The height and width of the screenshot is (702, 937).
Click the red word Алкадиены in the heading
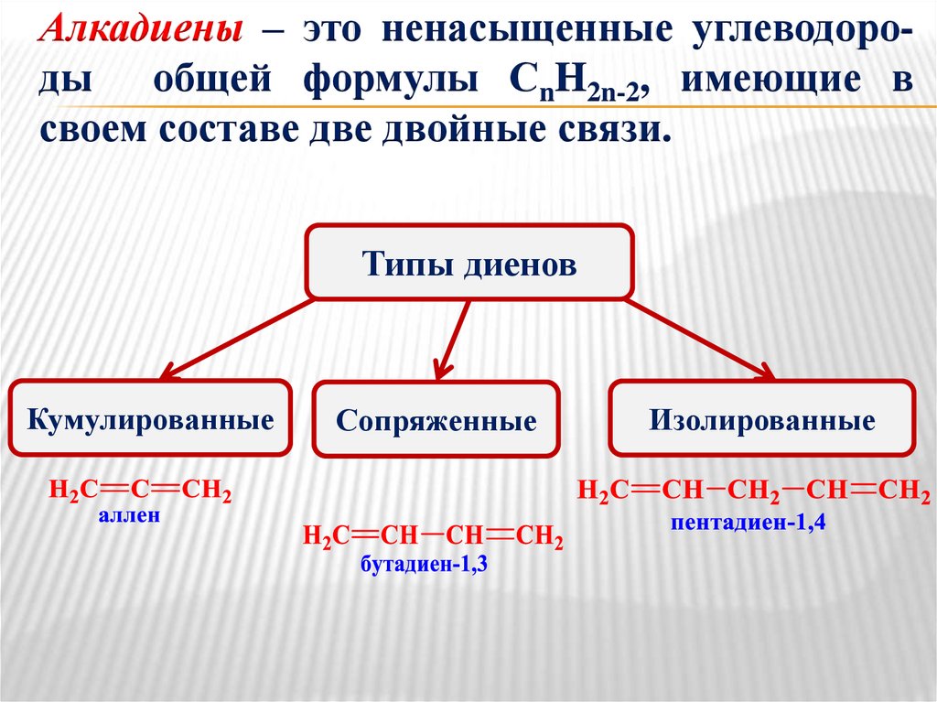(142, 32)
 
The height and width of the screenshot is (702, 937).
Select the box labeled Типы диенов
(469, 264)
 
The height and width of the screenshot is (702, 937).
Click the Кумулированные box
(151, 420)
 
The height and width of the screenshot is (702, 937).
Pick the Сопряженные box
(436, 421)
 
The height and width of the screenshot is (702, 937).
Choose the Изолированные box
(762, 420)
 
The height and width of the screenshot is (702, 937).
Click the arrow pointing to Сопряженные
(453, 338)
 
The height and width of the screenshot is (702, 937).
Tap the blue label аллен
(129, 516)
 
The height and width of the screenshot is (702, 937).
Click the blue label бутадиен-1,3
(424, 564)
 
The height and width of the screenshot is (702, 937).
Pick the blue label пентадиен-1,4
(748, 523)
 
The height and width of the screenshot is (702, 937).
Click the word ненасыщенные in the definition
(526, 32)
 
